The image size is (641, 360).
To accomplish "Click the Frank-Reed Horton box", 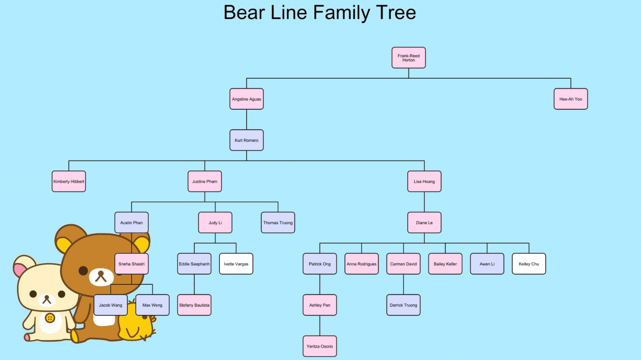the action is (x=409, y=58).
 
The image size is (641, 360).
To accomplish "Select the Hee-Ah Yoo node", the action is (x=570, y=99).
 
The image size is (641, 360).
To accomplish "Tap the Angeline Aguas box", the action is (x=247, y=99).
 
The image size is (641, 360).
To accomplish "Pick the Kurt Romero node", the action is (x=247, y=140).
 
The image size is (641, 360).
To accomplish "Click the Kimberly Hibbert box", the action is (x=69, y=182).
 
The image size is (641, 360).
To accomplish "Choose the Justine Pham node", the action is (x=205, y=182).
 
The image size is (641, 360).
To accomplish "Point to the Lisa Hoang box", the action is (x=424, y=182).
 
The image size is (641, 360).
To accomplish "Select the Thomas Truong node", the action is (x=278, y=223).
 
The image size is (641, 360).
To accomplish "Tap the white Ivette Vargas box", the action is (x=236, y=264).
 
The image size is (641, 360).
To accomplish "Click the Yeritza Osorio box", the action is (x=320, y=346).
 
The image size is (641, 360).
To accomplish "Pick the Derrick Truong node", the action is (x=403, y=305).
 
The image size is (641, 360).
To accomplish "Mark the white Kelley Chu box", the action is (x=529, y=264).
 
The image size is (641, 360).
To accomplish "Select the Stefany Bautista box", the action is (x=194, y=305).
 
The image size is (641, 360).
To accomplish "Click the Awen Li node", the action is (x=487, y=264).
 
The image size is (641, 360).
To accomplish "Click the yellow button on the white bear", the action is (x=50, y=318).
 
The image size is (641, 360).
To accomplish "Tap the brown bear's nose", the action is (x=101, y=274).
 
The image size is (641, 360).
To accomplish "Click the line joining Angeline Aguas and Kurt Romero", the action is (x=247, y=120).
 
